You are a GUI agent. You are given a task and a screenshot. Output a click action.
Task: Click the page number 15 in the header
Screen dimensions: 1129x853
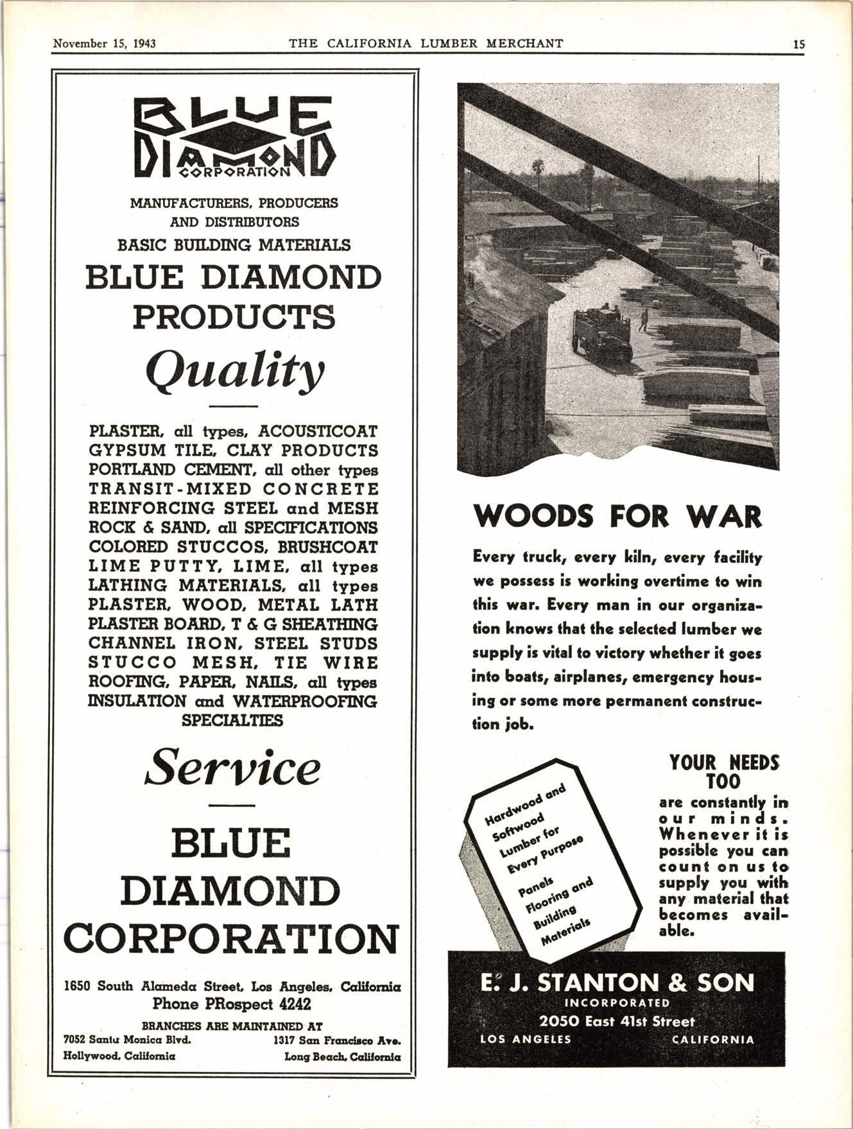tap(798, 44)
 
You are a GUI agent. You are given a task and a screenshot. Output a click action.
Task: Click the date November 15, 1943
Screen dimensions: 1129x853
tap(105, 44)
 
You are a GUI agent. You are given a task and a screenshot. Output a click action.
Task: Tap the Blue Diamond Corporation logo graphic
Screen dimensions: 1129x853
tap(233, 137)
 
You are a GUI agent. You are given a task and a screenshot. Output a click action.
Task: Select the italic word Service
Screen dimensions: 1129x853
tap(233, 768)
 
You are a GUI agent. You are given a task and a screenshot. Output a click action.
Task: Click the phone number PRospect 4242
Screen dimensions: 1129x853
tap(232, 1003)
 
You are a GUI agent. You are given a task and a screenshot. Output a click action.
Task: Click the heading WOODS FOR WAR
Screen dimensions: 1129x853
tap(617, 517)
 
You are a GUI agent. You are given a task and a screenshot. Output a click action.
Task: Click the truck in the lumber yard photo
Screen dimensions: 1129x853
tap(601, 334)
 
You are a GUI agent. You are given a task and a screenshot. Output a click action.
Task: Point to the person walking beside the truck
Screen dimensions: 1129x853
tap(643, 320)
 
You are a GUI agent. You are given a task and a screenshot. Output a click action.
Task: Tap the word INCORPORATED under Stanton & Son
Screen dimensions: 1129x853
tap(617, 1003)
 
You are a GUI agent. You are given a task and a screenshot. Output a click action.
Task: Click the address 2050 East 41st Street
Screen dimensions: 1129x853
tap(617, 1021)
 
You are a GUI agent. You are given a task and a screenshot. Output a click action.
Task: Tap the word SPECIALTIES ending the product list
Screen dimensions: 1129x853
tap(232, 720)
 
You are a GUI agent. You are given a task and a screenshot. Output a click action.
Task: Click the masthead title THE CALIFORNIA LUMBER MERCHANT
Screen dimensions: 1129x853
tap(426, 44)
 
